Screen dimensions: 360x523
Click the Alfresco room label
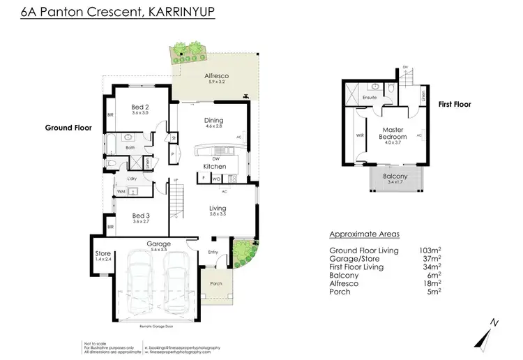point(217,75)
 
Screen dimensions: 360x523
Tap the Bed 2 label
point(142,108)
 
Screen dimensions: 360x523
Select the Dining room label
point(213,121)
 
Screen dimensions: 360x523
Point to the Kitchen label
point(213,167)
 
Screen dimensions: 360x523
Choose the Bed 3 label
point(142,216)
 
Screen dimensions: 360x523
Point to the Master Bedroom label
point(393,133)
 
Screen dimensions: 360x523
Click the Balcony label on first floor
point(395,177)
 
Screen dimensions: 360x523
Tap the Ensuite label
point(370,98)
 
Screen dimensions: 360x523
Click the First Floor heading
point(454,104)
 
